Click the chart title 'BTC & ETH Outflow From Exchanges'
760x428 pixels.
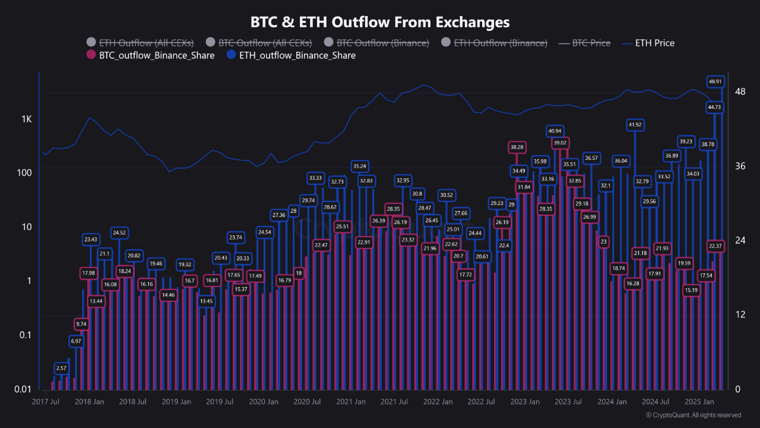coord(380,23)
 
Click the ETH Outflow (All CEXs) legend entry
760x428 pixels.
coord(145,43)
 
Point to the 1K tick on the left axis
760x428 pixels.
coord(27,119)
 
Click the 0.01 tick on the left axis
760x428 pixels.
coord(22,389)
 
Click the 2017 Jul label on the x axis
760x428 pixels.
coord(46,402)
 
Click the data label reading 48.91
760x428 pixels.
coord(715,81)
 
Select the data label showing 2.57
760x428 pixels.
coord(61,369)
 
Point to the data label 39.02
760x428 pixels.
coord(560,143)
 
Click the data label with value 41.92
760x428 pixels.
coord(635,125)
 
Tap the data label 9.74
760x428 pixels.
coord(82,324)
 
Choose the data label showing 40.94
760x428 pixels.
coord(555,131)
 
